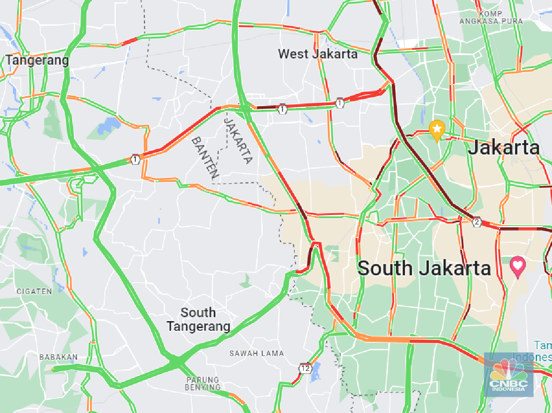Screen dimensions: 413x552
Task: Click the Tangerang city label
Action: coord(37,60)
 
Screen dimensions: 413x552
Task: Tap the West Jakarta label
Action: coord(317,54)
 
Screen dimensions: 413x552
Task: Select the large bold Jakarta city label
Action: coord(503,148)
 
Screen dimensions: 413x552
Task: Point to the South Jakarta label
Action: coord(424,268)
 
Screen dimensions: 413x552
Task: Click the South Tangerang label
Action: coord(198,320)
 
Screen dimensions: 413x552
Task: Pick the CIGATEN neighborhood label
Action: coord(34,291)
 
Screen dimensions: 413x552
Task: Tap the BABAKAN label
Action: coord(58,357)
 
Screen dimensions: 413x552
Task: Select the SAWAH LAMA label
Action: coord(257,353)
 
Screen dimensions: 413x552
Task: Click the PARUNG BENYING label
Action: coord(203,384)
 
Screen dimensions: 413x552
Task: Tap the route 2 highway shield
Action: coord(477,222)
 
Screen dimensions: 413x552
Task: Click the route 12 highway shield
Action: coord(305,368)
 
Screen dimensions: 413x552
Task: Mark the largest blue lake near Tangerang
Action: coord(109,125)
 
